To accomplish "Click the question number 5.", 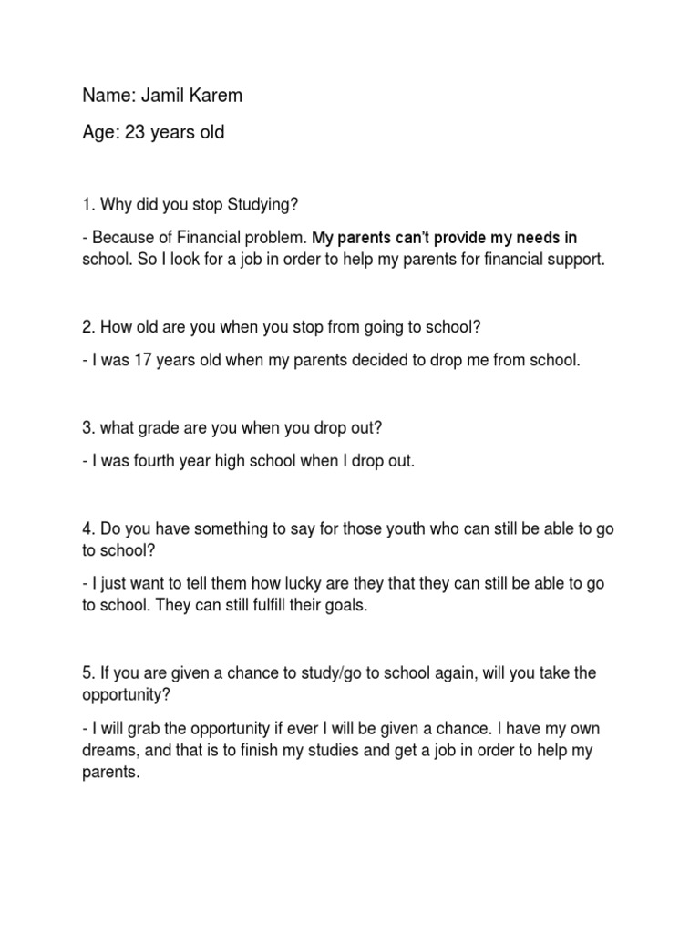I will coord(87,673).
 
